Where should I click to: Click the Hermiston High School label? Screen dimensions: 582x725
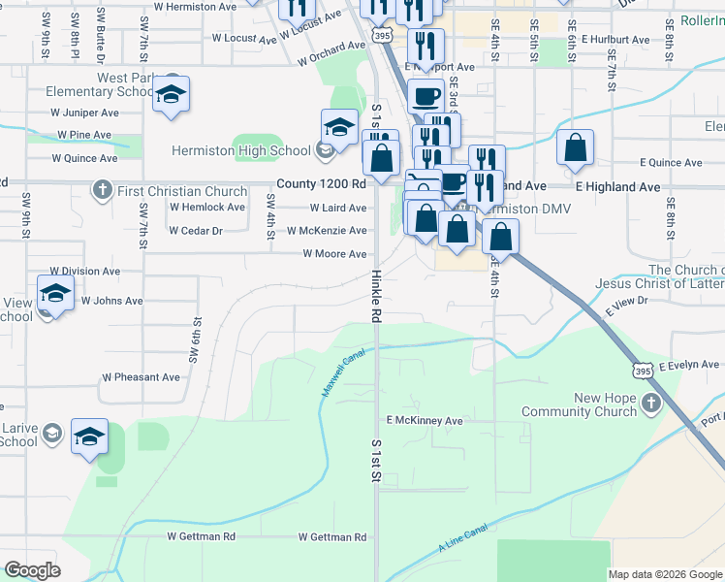(x=239, y=150)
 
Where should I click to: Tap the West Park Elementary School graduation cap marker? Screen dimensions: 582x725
(x=171, y=94)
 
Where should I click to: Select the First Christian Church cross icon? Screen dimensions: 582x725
(x=102, y=189)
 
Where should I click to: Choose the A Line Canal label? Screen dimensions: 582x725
(x=461, y=541)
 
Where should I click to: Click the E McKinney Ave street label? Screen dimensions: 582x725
(x=425, y=421)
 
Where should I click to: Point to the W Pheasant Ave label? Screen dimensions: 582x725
(x=141, y=377)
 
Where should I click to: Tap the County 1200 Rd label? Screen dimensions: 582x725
(x=321, y=183)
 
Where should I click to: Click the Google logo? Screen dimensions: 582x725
(x=33, y=570)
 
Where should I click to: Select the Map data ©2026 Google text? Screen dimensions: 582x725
(x=664, y=574)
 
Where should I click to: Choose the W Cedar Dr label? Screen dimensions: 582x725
(x=195, y=231)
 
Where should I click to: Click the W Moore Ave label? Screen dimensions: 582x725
(x=334, y=254)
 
